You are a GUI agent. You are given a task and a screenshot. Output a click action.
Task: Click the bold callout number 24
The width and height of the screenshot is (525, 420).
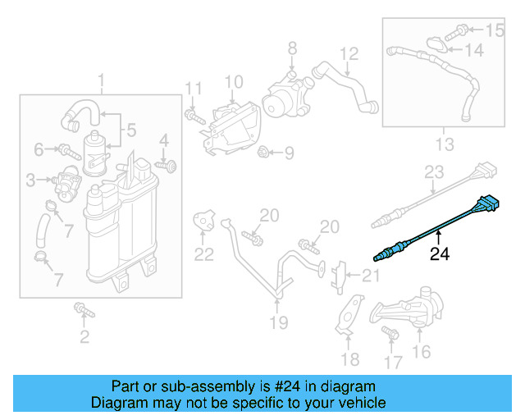440,254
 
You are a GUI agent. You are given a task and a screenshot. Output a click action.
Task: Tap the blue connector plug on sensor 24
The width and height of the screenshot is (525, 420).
490,203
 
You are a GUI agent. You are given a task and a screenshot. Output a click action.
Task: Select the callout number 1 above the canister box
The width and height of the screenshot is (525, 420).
102,82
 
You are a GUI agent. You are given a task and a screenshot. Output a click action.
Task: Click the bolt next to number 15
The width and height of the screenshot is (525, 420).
461,30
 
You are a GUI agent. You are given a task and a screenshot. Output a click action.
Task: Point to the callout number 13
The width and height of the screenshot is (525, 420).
443,145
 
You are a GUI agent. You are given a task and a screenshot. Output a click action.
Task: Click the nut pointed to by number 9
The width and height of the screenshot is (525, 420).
265,152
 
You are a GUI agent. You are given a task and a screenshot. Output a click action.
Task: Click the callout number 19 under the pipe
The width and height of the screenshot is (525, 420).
279,323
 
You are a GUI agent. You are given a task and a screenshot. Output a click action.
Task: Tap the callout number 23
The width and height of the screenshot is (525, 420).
433,172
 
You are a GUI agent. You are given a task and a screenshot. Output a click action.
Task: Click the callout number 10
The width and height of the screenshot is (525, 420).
234,82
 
